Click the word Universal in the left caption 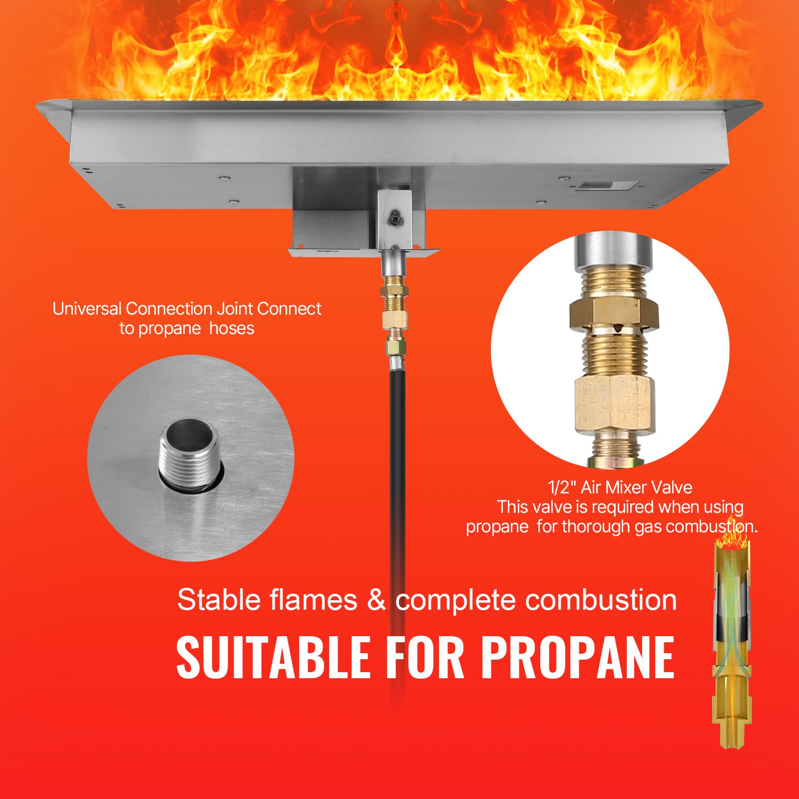(87, 309)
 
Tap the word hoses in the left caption (232, 329)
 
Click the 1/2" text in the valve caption (562, 487)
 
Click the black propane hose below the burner (398, 474)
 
